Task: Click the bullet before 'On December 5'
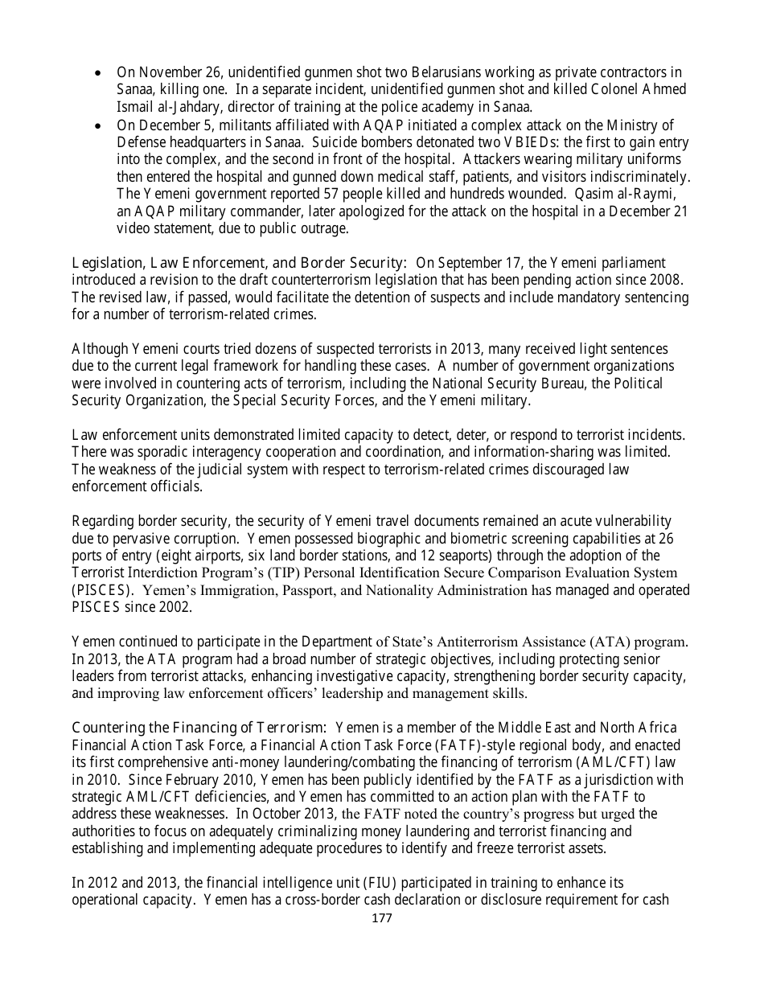click(97, 125)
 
